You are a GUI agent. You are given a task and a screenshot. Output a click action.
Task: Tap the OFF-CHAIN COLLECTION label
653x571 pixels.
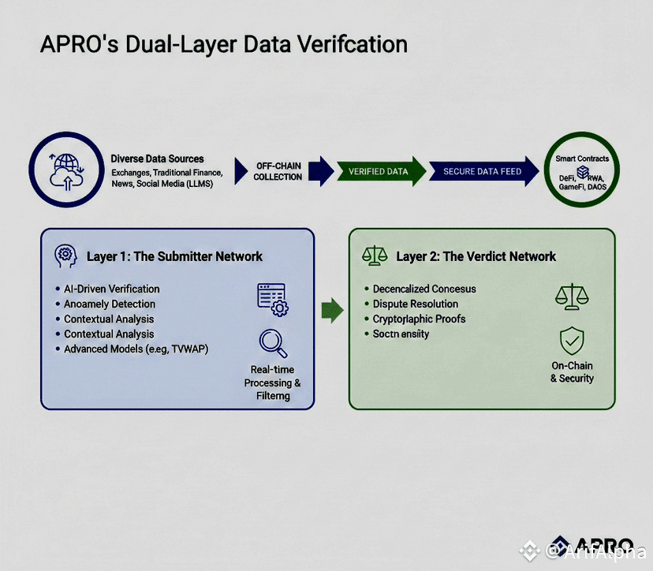click(x=278, y=171)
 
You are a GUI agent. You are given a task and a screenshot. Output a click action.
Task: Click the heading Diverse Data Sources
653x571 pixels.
click(x=157, y=159)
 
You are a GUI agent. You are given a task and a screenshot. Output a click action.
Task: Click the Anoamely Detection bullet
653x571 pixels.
click(x=109, y=304)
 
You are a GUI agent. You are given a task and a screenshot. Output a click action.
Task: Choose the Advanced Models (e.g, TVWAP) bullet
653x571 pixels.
click(x=136, y=349)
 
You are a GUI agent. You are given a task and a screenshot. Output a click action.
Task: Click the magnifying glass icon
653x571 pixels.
click(x=273, y=343)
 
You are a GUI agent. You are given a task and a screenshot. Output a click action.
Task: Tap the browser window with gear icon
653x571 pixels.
click(x=272, y=297)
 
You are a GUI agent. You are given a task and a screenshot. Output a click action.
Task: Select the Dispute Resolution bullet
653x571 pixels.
click(x=415, y=304)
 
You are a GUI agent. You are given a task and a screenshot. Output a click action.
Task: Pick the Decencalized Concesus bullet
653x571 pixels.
click(x=424, y=289)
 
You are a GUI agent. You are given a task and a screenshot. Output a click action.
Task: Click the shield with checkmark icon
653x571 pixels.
click(x=572, y=341)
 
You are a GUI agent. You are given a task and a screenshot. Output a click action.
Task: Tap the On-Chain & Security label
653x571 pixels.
click(x=572, y=372)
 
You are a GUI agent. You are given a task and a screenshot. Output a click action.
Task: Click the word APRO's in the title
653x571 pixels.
click(x=83, y=43)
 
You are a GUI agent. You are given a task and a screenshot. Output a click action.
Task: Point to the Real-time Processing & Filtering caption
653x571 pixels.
click(x=272, y=383)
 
